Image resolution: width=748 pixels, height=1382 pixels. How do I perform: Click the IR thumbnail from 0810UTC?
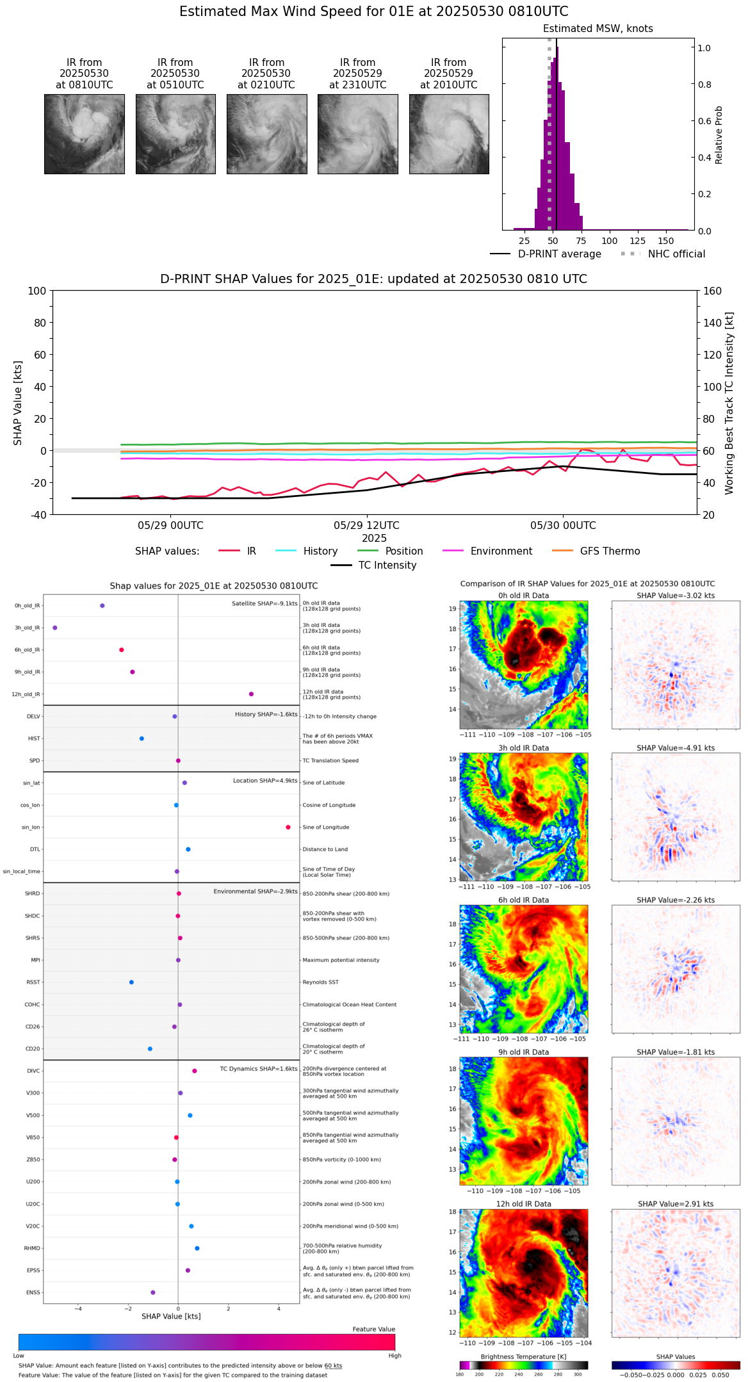pos(84,134)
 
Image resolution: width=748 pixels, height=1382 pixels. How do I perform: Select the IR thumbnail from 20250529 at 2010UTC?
pos(449,134)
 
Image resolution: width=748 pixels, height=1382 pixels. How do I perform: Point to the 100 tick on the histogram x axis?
pos(610,241)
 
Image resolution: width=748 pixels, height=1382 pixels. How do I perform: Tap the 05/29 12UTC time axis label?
pos(366,526)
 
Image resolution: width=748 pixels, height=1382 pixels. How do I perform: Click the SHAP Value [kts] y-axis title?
pos(18,403)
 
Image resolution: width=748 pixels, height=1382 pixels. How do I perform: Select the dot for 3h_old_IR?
pos(55,628)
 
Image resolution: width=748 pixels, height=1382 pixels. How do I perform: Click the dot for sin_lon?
pos(288,827)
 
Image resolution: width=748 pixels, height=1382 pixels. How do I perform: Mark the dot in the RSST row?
pos(131,982)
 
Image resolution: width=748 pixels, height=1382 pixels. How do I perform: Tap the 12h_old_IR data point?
pos(251,694)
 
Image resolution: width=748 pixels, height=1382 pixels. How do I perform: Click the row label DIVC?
pos(33,1071)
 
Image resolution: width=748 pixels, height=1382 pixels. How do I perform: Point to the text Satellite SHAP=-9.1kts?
pos(264,603)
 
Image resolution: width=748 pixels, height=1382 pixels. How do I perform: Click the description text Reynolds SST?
pos(320,982)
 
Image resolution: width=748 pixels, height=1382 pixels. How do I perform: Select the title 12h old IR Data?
pos(523,1204)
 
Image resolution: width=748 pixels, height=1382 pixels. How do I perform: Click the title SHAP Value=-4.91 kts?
pos(676,748)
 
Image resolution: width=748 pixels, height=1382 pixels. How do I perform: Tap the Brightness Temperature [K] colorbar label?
pos(523,1356)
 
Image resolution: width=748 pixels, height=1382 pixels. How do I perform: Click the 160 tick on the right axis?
pos(712,291)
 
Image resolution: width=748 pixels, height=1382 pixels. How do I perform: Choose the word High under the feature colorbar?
pos(394,1355)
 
